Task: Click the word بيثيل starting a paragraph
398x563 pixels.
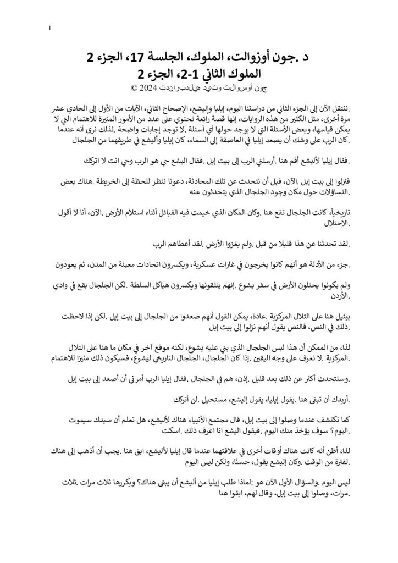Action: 338,317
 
